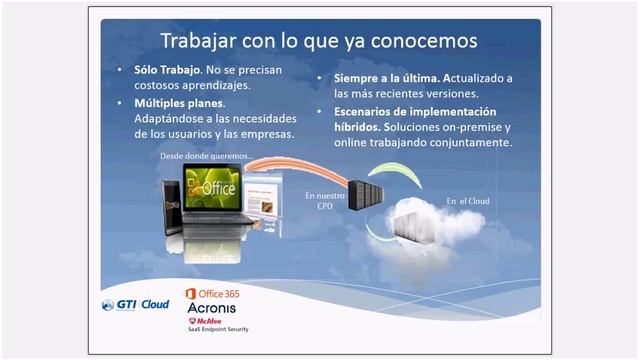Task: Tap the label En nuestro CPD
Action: pyautogui.click(x=325, y=201)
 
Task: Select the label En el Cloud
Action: pyautogui.click(x=467, y=201)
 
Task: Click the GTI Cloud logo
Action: pyautogui.click(x=135, y=304)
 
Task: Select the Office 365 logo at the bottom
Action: pyautogui.click(x=212, y=293)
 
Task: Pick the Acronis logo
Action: pyautogui.click(x=211, y=308)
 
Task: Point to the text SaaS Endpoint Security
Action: pyautogui.click(x=217, y=328)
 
